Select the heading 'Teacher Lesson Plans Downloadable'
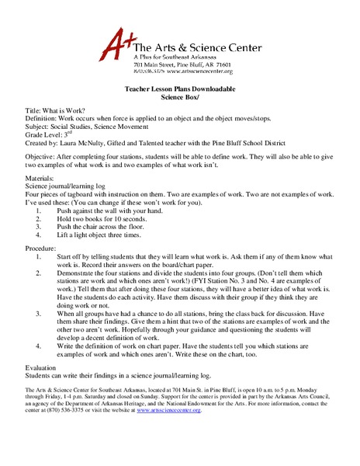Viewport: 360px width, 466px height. click(x=179, y=89)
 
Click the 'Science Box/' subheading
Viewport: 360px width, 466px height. click(x=179, y=98)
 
